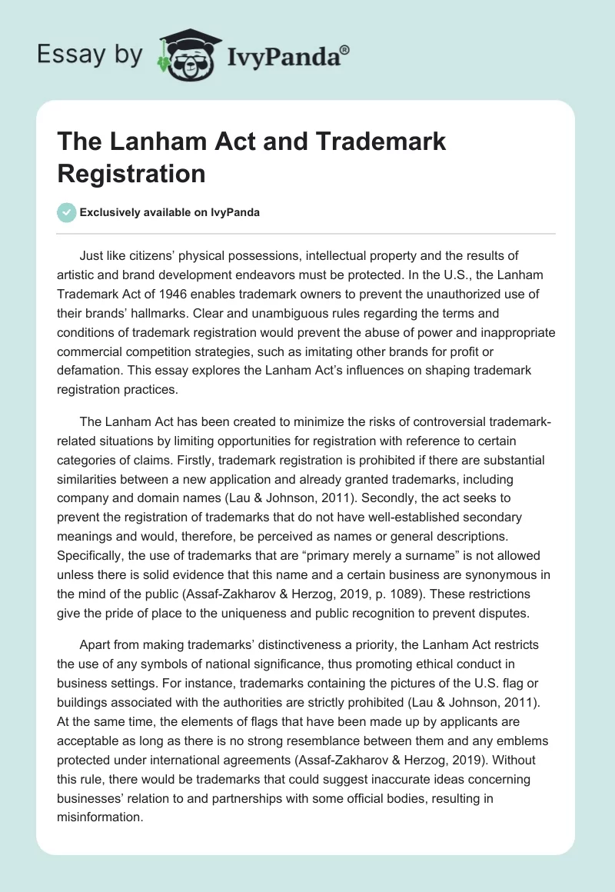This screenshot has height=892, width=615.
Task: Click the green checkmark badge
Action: [66, 212]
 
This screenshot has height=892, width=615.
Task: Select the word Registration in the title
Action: [131, 173]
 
